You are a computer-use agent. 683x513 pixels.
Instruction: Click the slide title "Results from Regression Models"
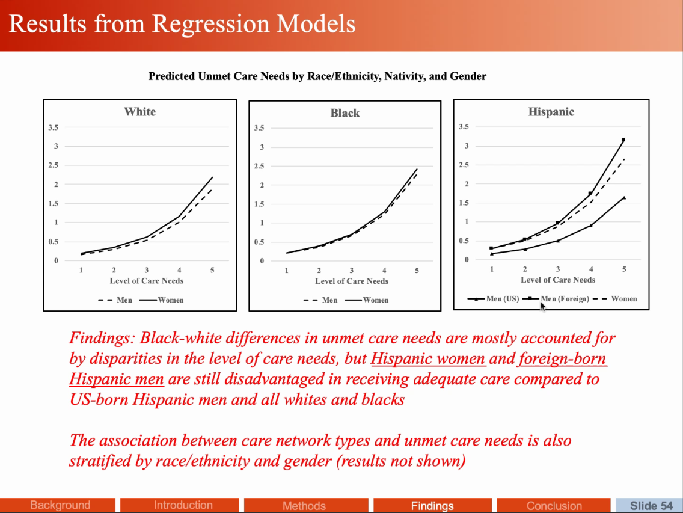click(182, 25)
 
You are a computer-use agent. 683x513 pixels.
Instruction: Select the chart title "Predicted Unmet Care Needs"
click(317, 76)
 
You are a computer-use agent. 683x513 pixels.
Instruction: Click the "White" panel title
click(139, 112)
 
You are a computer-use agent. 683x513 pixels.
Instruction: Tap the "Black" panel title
click(345, 113)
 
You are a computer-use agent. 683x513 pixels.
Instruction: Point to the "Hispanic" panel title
click(551, 112)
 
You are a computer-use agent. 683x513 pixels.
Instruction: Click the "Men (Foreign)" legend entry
click(565, 298)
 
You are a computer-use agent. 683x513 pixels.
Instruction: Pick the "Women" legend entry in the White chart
click(170, 300)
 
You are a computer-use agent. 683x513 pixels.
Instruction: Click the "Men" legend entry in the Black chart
click(329, 300)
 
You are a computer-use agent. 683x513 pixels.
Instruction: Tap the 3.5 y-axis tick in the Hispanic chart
click(464, 127)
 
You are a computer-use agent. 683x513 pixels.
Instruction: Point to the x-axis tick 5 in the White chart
click(212, 271)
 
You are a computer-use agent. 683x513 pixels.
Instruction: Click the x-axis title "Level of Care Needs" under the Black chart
click(352, 281)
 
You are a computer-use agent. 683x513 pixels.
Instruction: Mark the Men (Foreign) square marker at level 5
click(623, 140)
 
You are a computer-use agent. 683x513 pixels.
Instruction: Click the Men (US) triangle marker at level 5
click(624, 197)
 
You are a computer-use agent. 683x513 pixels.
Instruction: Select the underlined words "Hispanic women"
click(428, 359)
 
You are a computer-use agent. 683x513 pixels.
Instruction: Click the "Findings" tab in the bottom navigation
click(432, 506)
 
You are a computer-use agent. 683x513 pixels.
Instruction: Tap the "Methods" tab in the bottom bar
click(304, 506)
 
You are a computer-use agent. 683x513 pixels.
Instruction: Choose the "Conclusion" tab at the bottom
click(554, 506)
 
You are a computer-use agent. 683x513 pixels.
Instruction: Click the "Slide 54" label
click(651, 506)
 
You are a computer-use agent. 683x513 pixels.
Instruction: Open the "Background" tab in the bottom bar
click(60, 505)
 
